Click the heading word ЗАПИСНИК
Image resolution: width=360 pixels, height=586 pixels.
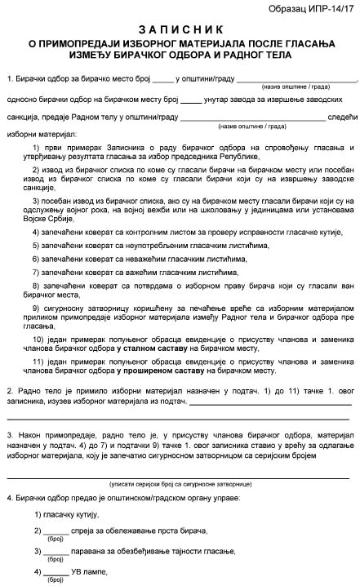(x=180, y=29)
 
